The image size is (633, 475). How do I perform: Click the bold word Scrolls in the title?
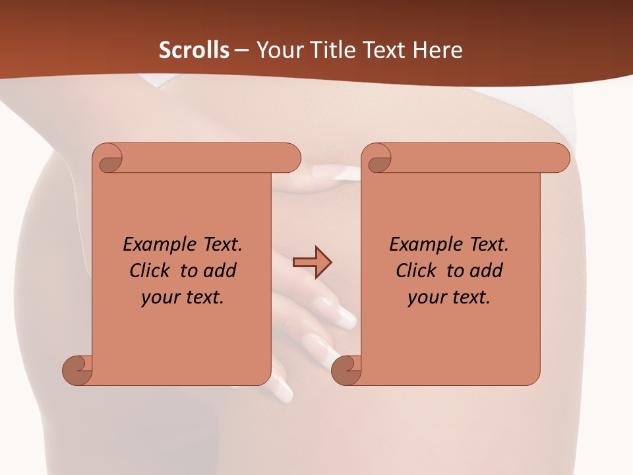tap(195, 49)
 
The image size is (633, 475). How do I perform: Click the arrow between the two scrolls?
tap(312, 262)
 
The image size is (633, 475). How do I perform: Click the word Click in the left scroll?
tap(152, 270)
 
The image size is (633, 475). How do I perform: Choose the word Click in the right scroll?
tap(419, 270)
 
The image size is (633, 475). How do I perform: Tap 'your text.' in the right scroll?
tap(449, 297)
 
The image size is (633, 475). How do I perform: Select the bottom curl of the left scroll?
tap(77, 369)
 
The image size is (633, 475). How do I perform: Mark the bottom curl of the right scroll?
tap(346, 369)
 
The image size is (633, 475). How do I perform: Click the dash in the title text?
tap(241, 49)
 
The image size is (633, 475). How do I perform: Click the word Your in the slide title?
tap(278, 49)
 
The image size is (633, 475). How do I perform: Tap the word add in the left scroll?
tap(220, 270)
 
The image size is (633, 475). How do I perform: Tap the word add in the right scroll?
tap(486, 270)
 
